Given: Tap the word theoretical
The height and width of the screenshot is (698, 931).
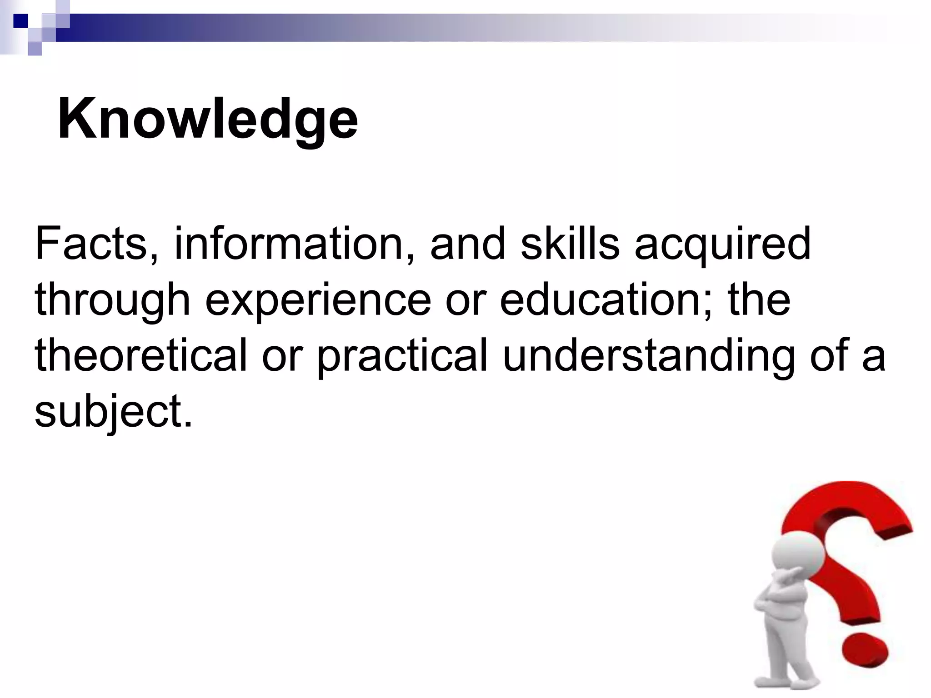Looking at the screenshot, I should click(141, 356).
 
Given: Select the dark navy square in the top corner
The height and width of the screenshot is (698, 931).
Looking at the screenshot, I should click(20, 20).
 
